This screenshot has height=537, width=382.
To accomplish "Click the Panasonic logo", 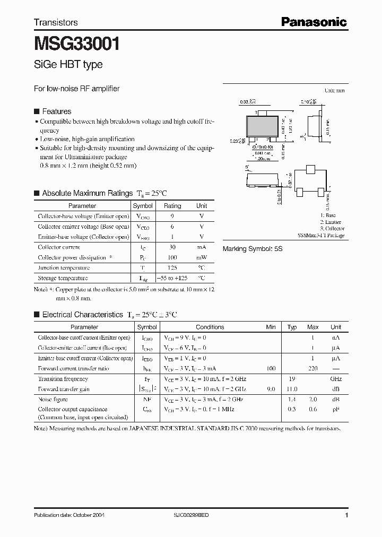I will pos(314,22).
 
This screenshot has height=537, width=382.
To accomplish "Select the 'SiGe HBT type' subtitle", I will pos(68,65).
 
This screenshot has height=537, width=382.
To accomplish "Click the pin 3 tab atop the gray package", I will pos(259,112).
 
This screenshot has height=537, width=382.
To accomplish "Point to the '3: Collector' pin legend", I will pos(332,229).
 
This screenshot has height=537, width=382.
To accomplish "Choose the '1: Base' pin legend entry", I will pos(328,215).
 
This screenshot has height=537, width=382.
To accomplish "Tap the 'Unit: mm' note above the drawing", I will pos(334,91).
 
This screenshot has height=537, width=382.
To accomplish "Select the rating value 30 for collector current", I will pos(172,247).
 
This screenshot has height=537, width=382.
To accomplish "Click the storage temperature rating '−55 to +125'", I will pos(172,278).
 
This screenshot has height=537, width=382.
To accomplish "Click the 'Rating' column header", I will pos(172,206).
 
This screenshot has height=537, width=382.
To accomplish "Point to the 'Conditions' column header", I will pos(210,327).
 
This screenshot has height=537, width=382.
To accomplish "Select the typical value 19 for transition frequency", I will pos(292,379).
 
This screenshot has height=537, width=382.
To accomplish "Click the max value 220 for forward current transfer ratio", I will pos(313,368).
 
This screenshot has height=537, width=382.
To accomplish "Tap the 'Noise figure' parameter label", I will pos(53,399).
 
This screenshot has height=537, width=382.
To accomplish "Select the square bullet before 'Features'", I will pos(37,111).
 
